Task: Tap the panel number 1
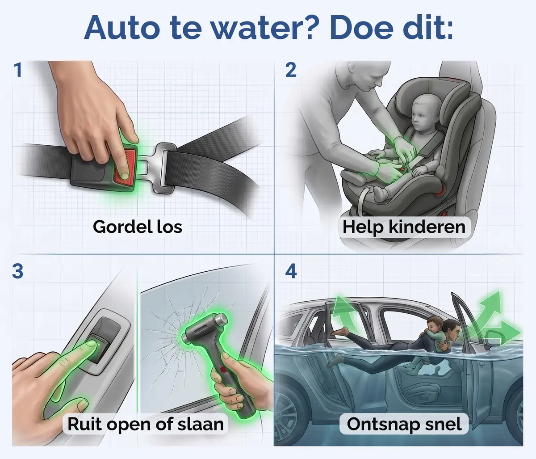[18, 70]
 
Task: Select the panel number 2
[291, 70]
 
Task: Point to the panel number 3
[17, 271]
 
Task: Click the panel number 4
[291, 271]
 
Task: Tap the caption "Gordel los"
[138, 227]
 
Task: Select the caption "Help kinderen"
[404, 227]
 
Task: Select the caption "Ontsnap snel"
[404, 424]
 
